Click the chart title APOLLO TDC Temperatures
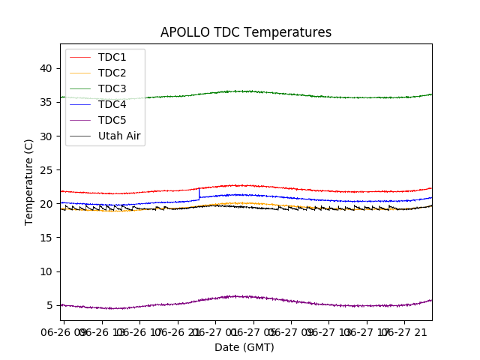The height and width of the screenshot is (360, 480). point(246,32)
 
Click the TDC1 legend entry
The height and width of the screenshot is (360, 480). point(112,57)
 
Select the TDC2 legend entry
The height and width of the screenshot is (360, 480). point(112,73)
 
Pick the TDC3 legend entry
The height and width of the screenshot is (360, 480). point(112,88)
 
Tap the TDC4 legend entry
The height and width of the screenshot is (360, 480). point(112,104)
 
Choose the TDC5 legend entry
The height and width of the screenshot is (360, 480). point(112,120)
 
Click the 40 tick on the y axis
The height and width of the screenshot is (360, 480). point(46,68)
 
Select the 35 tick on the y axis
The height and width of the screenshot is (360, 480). point(46,102)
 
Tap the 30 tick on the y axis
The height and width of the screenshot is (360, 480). point(46,136)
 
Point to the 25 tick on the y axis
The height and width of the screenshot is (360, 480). point(46,169)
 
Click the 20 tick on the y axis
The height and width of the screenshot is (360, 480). point(46,203)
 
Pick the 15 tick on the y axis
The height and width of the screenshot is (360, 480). point(46,238)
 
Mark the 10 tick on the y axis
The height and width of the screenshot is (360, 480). point(46,271)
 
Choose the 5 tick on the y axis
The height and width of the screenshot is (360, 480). point(49,305)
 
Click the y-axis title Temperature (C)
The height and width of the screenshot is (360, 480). point(29,181)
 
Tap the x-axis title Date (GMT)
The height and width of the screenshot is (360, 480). point(244,347)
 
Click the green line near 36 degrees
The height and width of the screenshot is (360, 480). point(247,91)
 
